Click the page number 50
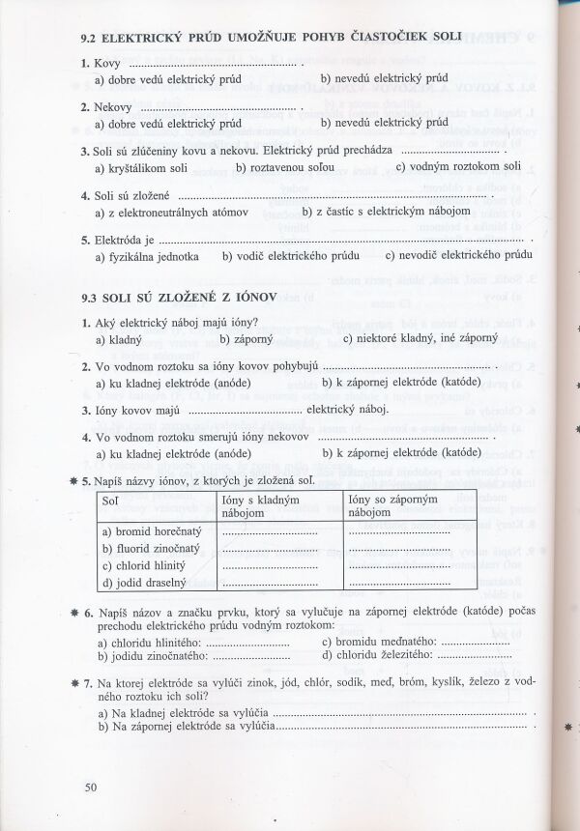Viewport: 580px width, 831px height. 91,788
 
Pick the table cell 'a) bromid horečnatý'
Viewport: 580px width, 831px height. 151,530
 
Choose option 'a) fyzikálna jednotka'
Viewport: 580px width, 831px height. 147,256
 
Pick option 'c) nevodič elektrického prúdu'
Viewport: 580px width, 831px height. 458,256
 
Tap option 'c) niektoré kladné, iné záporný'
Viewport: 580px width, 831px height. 420,339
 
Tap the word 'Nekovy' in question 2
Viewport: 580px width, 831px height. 115,106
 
